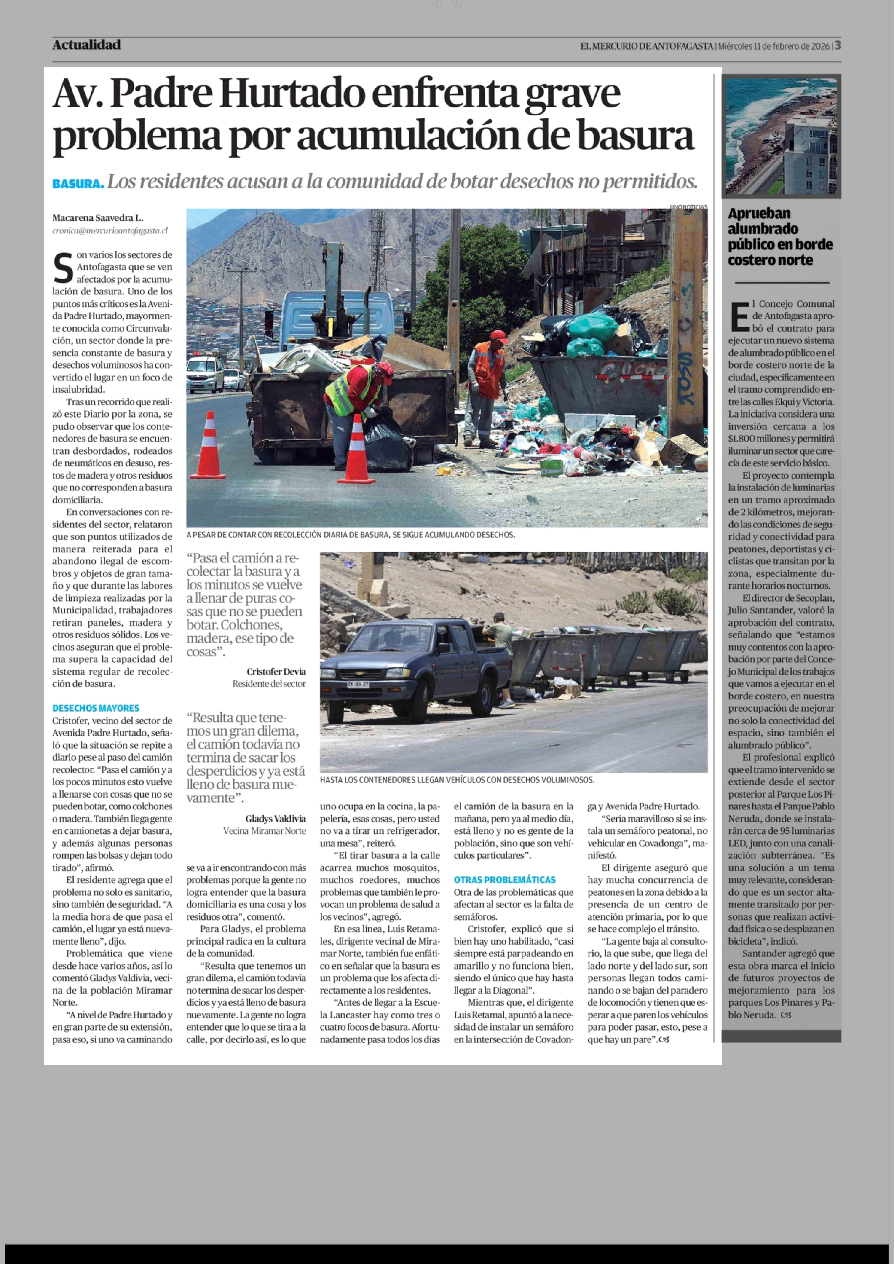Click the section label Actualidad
tap(86, 45)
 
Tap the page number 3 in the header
tap(837, 46)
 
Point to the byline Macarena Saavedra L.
tap(97, 218)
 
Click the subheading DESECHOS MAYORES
tap(96, 708)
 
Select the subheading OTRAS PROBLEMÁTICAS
tap(504, 880)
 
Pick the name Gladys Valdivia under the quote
tap(275, 819)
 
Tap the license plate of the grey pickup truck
tap(358, 684)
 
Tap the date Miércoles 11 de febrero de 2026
tap(773, 46)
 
